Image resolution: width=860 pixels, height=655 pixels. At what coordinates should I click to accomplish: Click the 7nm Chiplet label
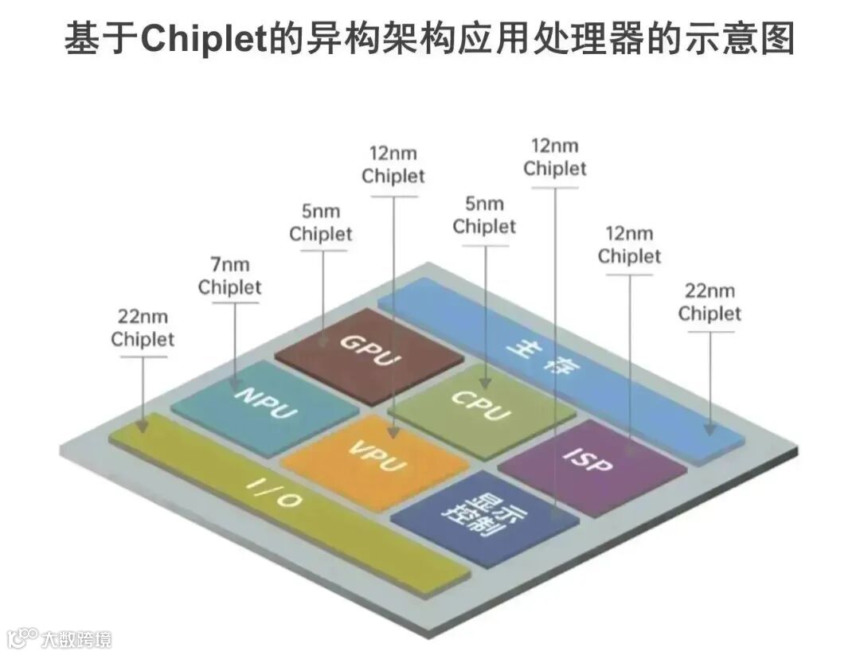[x=230, y=275]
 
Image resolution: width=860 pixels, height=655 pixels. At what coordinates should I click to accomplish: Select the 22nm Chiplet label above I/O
[x=143, y=327]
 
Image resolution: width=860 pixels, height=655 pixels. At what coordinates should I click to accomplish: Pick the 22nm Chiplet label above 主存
[x=709, y=302]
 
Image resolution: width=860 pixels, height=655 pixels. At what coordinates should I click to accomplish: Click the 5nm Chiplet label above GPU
[x=321, y=223]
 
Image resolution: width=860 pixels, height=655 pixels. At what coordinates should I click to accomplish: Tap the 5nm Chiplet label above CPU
[x=484, y=215]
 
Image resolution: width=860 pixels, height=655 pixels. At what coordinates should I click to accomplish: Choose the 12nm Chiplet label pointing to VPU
[x=393, y=164]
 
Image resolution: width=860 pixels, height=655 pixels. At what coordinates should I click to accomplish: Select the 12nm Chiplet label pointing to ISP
[x=629, y=245]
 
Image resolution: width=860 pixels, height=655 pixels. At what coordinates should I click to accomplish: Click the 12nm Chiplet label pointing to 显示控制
[x=554, y=157]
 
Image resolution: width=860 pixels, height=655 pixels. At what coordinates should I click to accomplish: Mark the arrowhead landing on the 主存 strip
[x=709, y=429]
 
